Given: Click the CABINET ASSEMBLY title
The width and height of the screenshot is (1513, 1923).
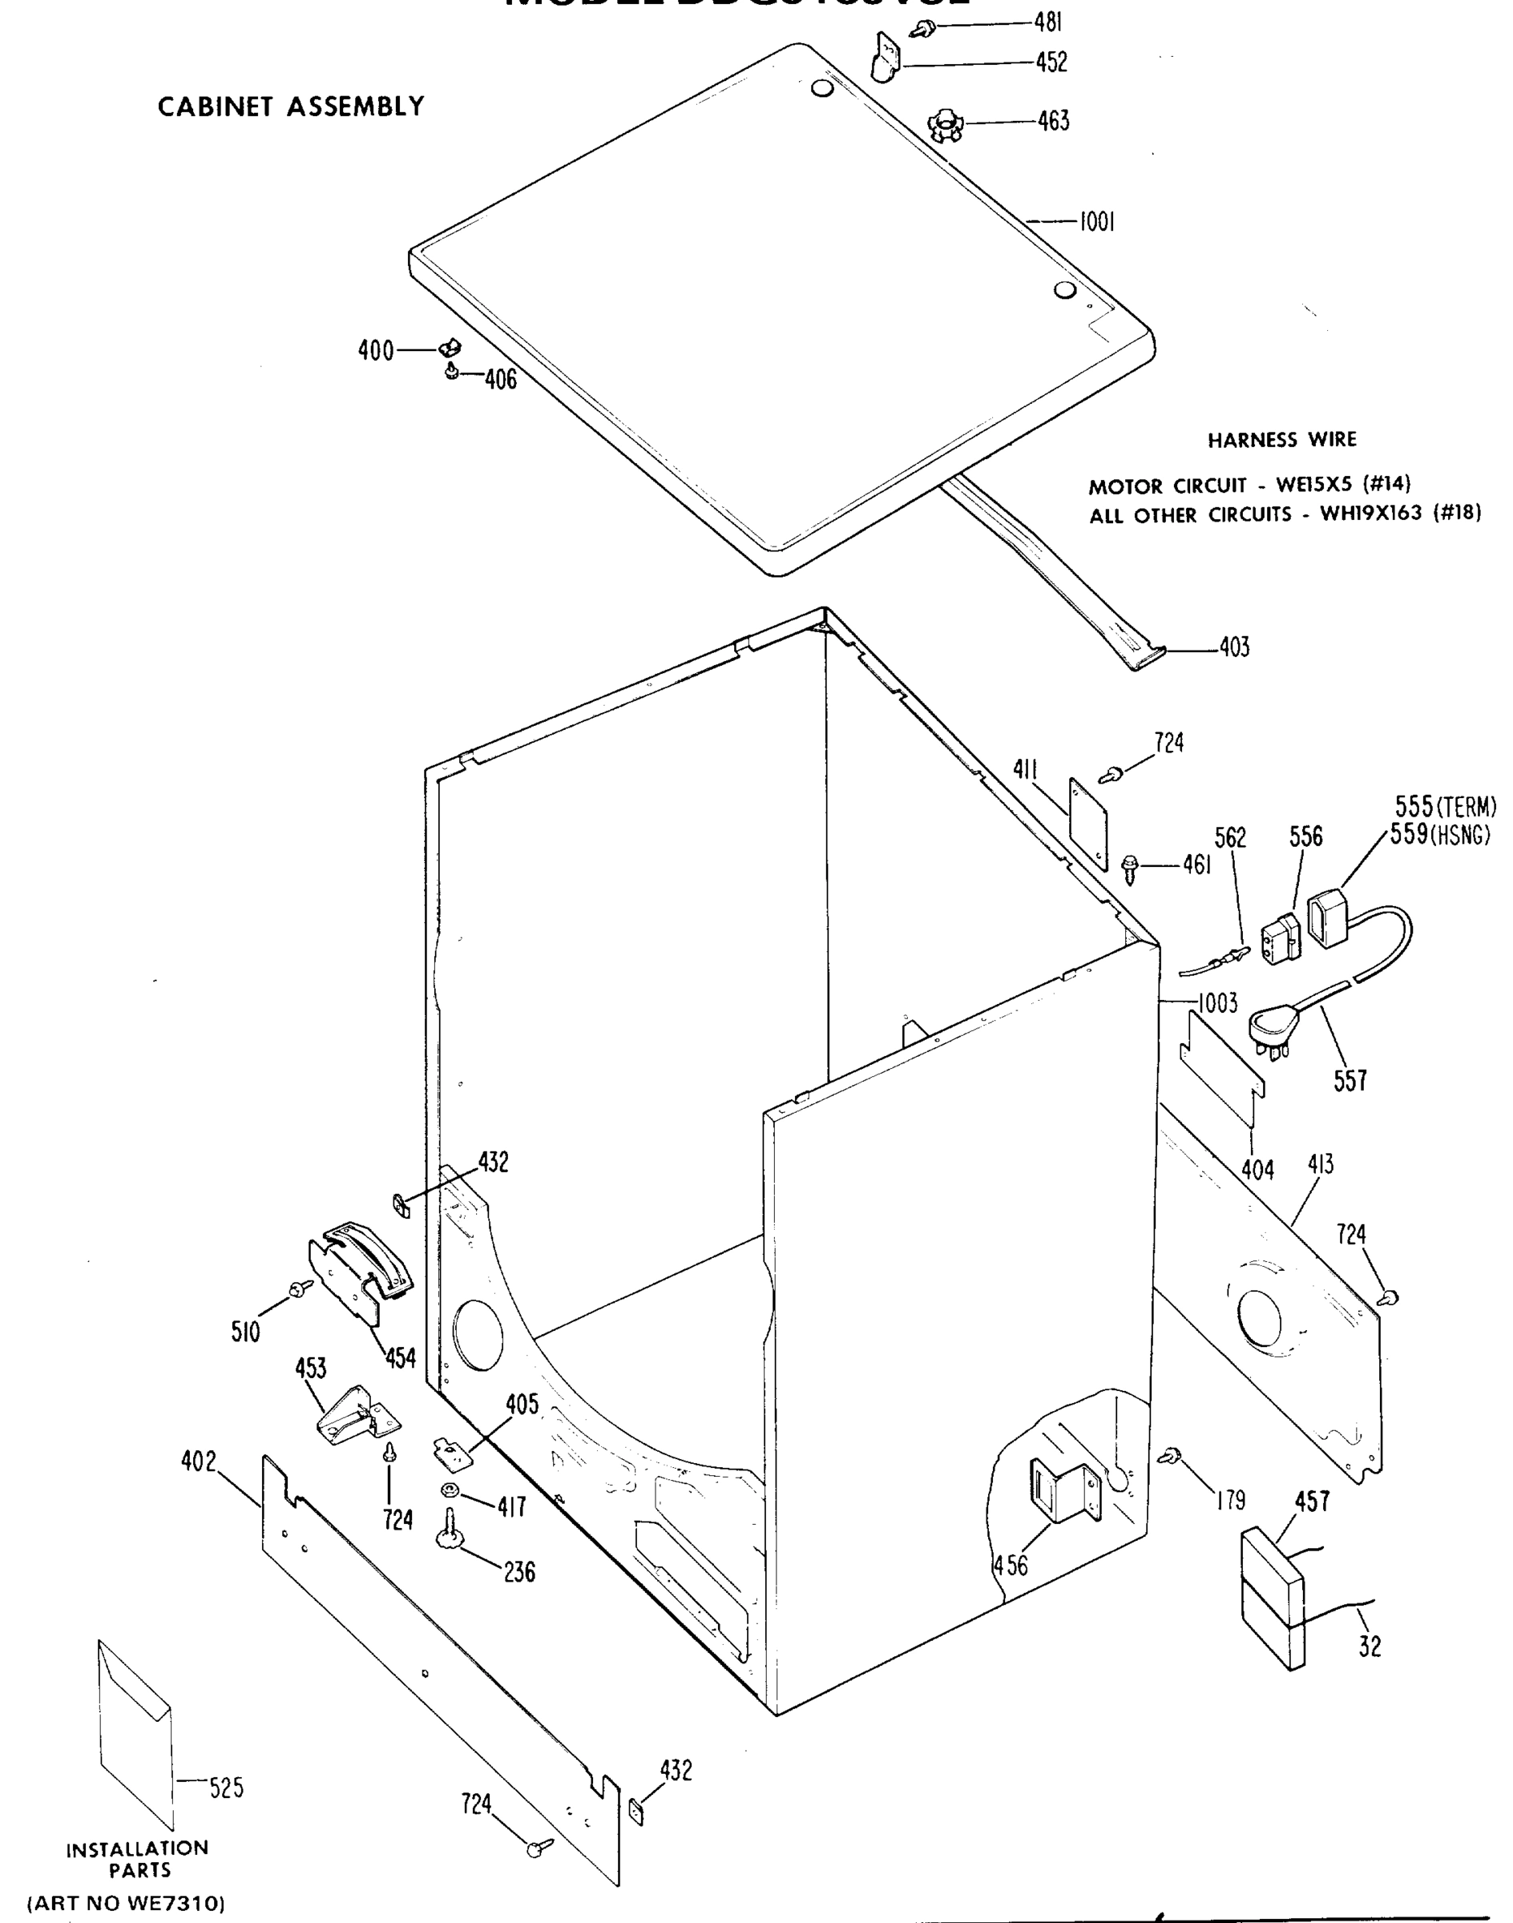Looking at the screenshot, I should point(291,107).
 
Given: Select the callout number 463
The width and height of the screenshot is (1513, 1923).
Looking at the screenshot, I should point(1053,120).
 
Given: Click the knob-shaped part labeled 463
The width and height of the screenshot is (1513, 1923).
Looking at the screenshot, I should point(942,124).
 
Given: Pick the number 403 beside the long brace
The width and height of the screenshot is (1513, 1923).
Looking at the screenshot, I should point(1234,647).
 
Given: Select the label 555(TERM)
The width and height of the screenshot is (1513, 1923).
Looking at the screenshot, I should point(1445,807).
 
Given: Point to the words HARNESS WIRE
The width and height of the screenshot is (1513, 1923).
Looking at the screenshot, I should point(1281,440).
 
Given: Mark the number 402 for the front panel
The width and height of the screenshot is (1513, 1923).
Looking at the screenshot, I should point(199,1461).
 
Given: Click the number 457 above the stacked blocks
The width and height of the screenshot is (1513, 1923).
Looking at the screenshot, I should point(1312,1502).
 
